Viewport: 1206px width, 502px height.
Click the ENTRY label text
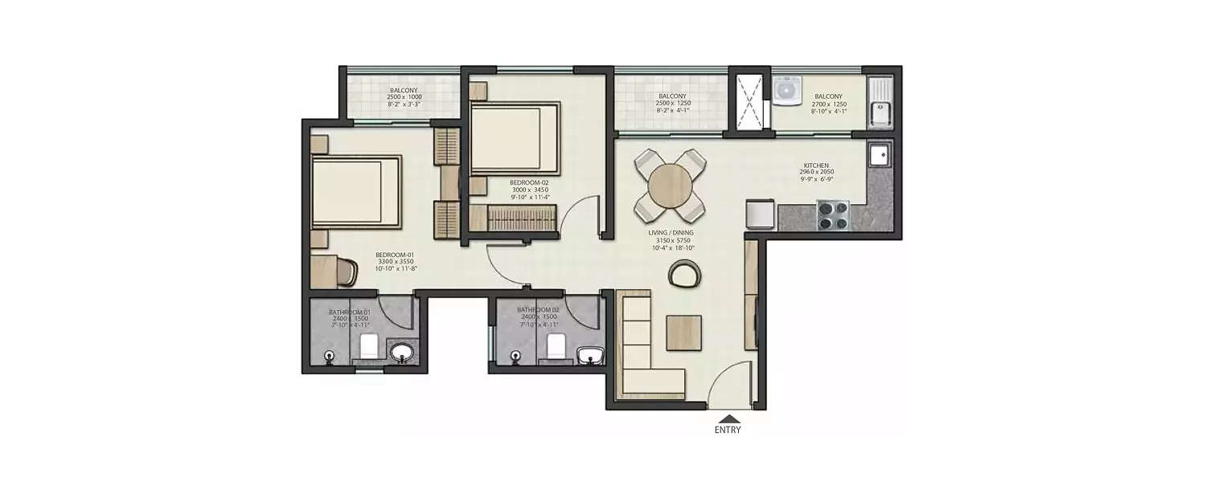coord(728,430)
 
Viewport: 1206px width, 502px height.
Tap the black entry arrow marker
coord(728,418)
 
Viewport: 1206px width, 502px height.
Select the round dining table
coord(670,186)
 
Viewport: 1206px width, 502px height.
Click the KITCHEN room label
coord(814,165)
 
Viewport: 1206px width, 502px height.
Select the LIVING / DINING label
coord(671,233)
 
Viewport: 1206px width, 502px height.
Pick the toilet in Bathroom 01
coord(369,347)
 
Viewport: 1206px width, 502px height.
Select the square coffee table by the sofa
coord(683,333)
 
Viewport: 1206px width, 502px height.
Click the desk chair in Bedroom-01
coord(346,271)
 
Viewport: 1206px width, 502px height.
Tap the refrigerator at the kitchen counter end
coord(760,214)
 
